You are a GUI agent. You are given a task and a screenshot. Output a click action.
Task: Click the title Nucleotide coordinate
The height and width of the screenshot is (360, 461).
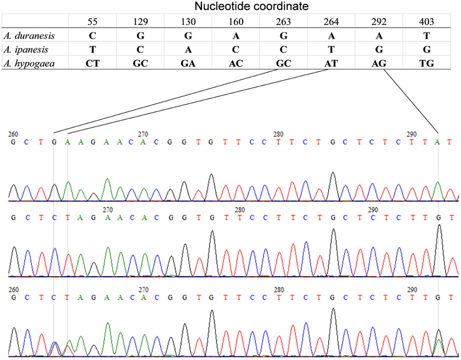(251, 6)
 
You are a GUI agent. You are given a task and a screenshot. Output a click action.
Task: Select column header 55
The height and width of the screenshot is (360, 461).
(93, 21)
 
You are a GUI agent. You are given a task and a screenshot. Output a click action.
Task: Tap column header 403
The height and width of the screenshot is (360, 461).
(427, 21)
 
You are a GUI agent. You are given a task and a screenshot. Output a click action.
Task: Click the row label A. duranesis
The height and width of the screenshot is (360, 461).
(29, 36)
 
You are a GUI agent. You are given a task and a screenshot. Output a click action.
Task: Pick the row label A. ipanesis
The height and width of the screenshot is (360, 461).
(26, 49)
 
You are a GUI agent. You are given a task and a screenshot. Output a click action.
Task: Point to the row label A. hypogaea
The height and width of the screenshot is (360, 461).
(29, 63)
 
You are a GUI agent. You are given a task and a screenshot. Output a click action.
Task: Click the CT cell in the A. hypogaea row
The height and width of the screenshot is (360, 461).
(93, 63)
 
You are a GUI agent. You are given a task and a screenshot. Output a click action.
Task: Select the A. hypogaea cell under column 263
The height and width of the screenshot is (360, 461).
(283, 63)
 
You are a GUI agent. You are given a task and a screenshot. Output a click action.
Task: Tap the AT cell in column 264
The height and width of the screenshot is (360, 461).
(331, 63)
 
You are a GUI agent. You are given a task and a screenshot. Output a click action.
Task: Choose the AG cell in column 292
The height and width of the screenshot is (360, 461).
(378, 63)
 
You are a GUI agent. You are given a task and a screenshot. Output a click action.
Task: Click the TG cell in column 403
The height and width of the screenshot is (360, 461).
(427, 63)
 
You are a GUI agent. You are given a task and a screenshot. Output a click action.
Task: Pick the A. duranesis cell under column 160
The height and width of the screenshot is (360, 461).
(236, 36)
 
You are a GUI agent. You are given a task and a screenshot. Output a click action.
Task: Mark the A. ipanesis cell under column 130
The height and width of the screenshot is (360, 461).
(188, 49)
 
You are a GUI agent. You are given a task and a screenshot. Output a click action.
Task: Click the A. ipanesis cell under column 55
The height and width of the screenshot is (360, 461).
(93, 49)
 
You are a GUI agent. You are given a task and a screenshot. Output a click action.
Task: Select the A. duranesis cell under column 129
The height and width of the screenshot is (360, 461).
(140, 36)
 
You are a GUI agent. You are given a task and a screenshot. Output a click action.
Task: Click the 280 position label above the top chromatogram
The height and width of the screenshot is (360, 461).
(278, 134)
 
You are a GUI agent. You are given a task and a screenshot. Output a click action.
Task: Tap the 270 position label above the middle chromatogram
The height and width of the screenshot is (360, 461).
(108, 210)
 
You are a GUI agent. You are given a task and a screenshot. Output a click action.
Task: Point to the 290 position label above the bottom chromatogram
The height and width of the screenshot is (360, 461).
(412, 290)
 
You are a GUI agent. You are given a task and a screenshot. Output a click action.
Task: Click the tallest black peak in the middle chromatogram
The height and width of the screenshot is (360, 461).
(439, 250)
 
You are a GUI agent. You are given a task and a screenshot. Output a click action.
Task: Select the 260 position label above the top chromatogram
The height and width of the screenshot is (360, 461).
(13, 134)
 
